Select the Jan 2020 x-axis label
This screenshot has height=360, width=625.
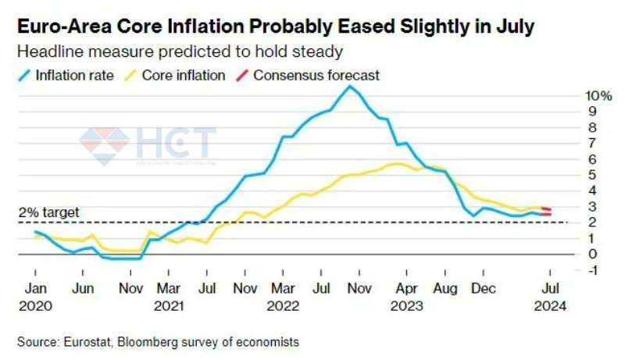35,296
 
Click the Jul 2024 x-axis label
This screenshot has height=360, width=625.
551,296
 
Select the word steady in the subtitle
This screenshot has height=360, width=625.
316,52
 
